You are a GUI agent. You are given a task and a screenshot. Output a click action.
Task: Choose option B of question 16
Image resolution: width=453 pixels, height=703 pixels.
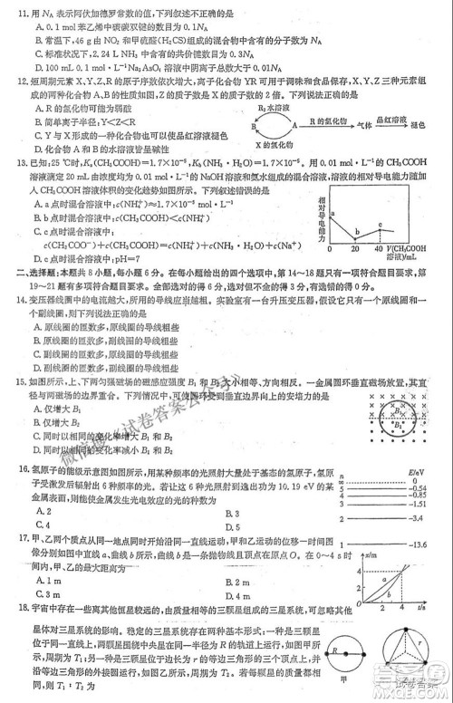coord(226,513)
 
